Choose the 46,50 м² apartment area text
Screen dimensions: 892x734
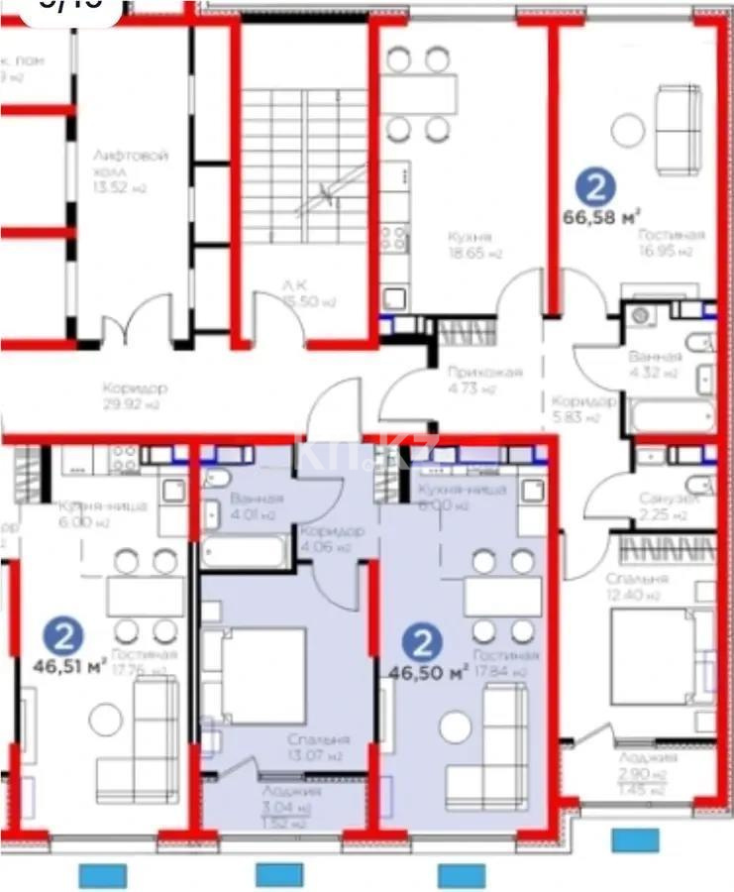(x=426, y=673)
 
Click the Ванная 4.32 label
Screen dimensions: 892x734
(x=655, y=364)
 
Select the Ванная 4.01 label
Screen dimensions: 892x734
(x=256, y=505)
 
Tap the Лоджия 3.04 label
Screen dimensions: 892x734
(x=290, y=799)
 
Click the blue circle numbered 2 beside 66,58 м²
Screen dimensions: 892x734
(x=596, y=185)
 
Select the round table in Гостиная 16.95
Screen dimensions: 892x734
(x=626, y=130)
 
